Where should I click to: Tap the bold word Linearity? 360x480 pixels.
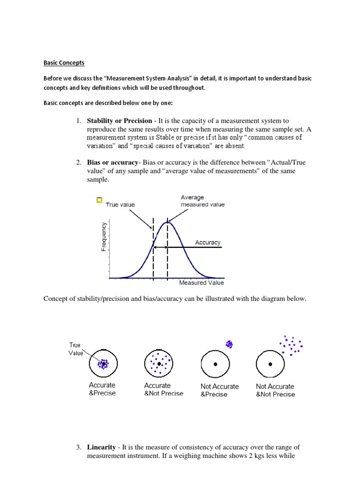tap(102, 448)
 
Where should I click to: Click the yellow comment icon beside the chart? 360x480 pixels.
tap(98, 200)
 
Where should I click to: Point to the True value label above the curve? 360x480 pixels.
tap(120, 205)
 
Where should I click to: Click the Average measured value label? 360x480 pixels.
tap(202, 201)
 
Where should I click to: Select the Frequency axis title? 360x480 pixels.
tap(104, 236)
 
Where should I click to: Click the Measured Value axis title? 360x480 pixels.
tap(202, 283)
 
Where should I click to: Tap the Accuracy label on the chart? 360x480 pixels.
tap(208, 242)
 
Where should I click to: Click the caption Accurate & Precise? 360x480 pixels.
tap(102, 390)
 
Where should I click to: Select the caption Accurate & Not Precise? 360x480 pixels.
tap(164, 390)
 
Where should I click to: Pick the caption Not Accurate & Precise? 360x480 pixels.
tap(219, 390)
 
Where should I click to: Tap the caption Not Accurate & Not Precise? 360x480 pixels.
tap(275, 390)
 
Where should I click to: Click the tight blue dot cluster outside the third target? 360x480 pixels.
tap(229, 345)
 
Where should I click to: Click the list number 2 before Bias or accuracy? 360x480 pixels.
tap(79, 162)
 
